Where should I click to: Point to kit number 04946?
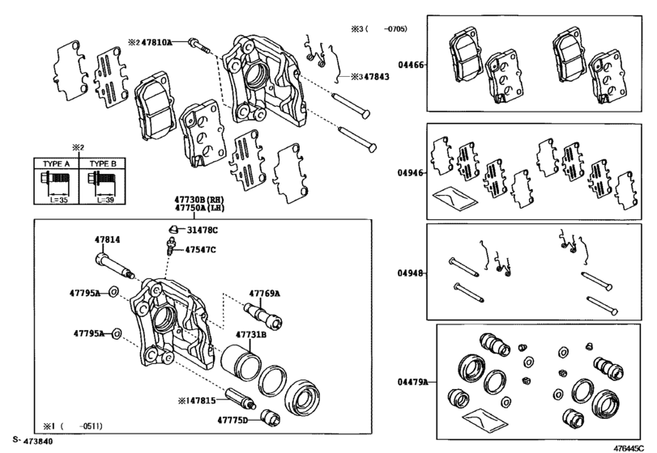[x=410, y=172]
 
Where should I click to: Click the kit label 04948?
[x=410, y=273]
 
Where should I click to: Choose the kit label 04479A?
[x=412, y=380]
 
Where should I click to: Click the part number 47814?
[x=87, y=240]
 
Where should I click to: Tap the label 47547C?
[x=200, y=250]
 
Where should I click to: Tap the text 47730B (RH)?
[x=198, y=199]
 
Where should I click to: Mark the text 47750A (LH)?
[x=198, y=208]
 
